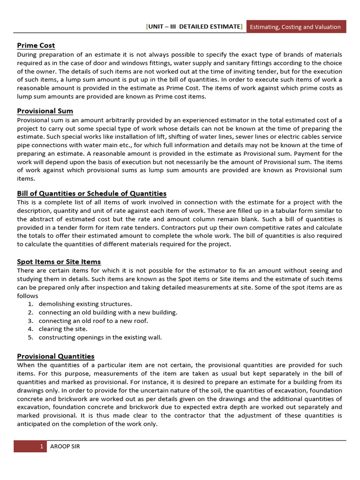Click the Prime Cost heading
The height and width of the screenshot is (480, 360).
[x=36, y=45]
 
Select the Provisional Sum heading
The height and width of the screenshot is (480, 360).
[x=45, y=111]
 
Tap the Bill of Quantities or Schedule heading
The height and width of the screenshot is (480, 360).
[x=91, y=193]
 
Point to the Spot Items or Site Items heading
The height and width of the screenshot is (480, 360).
[x=59, y=262]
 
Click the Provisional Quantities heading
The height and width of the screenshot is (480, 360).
[x=56, y=356]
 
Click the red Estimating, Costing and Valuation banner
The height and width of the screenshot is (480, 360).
[x=295, y=27]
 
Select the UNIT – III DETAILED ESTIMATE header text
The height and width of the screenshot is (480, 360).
[x=194, y=27]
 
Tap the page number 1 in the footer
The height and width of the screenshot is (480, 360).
[x=41, y=446]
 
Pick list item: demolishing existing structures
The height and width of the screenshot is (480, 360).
[x=85, y=304]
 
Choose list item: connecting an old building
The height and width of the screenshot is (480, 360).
[x=108, y=312]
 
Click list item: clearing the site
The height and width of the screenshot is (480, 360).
[x=63, y=329]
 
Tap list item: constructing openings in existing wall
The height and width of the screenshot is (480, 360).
[x=100, y=337]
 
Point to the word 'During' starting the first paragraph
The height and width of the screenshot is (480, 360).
[x=28, y=55]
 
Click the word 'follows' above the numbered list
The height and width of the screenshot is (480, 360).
[x=28, y=296]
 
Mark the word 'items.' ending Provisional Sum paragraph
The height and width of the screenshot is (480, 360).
[x=26, y=179]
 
